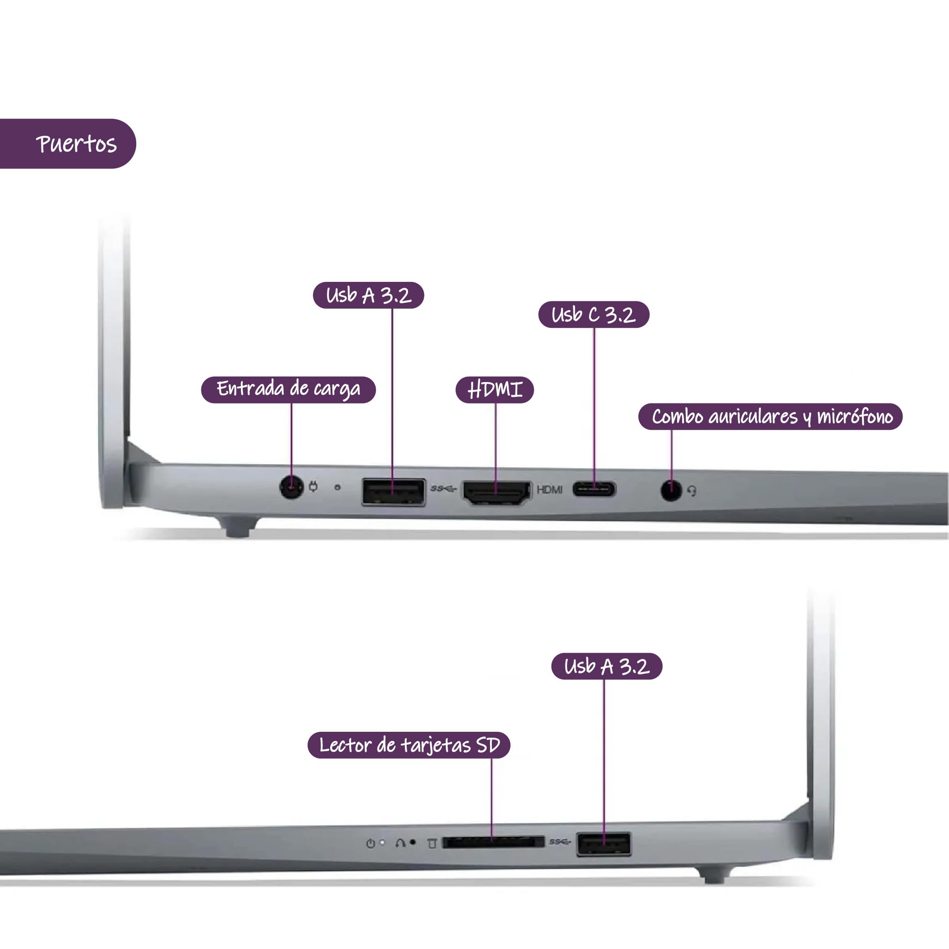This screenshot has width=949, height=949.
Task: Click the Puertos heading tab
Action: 68,143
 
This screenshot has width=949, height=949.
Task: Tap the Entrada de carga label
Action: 288,389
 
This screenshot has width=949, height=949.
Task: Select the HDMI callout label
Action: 495,390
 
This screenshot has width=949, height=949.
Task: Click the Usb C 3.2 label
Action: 594,314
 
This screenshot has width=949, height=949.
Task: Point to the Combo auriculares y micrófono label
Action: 770,417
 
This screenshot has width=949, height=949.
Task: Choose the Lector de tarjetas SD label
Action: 408,745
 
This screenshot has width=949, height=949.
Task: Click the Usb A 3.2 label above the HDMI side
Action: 368,295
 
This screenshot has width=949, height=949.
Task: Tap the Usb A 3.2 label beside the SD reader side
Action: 607,666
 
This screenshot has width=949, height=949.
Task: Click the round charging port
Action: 291,487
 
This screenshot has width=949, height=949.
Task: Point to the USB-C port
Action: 594,489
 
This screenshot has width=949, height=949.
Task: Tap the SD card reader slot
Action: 493,842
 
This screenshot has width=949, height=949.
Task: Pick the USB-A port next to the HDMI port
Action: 393,492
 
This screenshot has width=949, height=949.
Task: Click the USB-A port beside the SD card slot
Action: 604,844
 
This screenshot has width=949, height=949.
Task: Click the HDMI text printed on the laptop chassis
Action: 550,490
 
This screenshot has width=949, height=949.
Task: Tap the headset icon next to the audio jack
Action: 692,491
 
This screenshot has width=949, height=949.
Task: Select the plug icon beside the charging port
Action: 313,486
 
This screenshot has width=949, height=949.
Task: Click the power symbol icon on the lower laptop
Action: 370,843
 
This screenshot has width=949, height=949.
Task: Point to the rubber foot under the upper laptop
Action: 238,527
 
